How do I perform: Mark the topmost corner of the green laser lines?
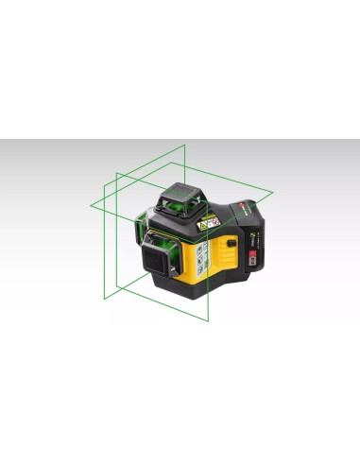(185, 145)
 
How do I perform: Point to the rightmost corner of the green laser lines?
(273, 195)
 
